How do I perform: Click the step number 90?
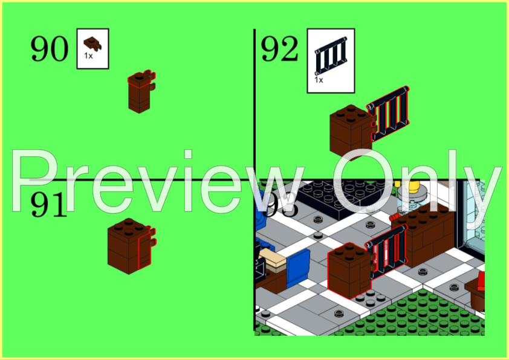point(49,49)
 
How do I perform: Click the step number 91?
point(48,205)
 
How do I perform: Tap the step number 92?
point(279,49)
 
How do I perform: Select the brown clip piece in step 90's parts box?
point(92,43)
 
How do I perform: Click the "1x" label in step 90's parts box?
point(88,56)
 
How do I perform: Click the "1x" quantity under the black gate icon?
point(319,79)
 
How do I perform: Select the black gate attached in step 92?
point(390,114)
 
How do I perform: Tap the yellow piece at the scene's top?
point(415,187)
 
